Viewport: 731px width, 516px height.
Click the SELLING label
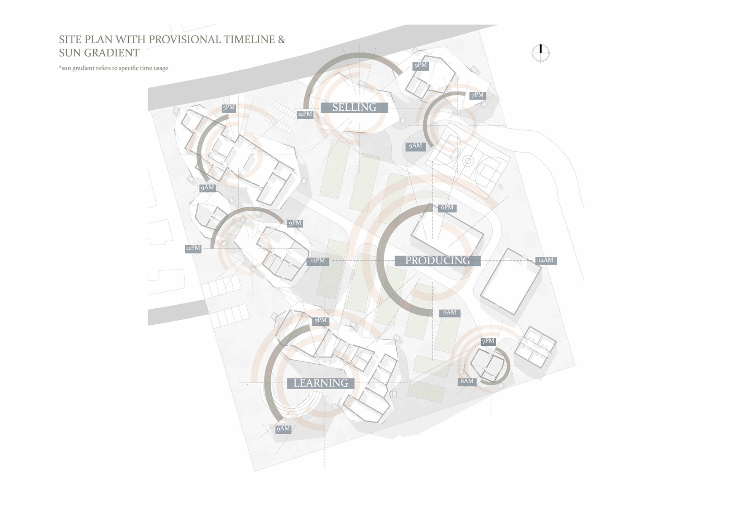354,108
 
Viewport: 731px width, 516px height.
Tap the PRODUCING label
437,260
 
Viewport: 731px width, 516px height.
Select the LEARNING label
321,383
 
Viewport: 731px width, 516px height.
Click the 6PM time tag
447,208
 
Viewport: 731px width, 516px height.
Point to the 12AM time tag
546,260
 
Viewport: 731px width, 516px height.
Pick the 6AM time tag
449,313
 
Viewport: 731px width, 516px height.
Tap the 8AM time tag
467,381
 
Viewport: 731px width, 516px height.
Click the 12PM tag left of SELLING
305,114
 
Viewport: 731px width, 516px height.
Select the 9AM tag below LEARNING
283,429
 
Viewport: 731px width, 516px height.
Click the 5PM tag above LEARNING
321,321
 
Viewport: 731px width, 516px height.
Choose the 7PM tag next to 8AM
488,341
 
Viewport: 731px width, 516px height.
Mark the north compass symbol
541,53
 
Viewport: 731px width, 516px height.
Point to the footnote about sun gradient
113,68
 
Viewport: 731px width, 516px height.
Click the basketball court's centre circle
468,161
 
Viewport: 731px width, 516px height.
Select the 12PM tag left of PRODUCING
318,261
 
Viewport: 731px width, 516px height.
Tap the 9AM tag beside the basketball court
415,146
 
